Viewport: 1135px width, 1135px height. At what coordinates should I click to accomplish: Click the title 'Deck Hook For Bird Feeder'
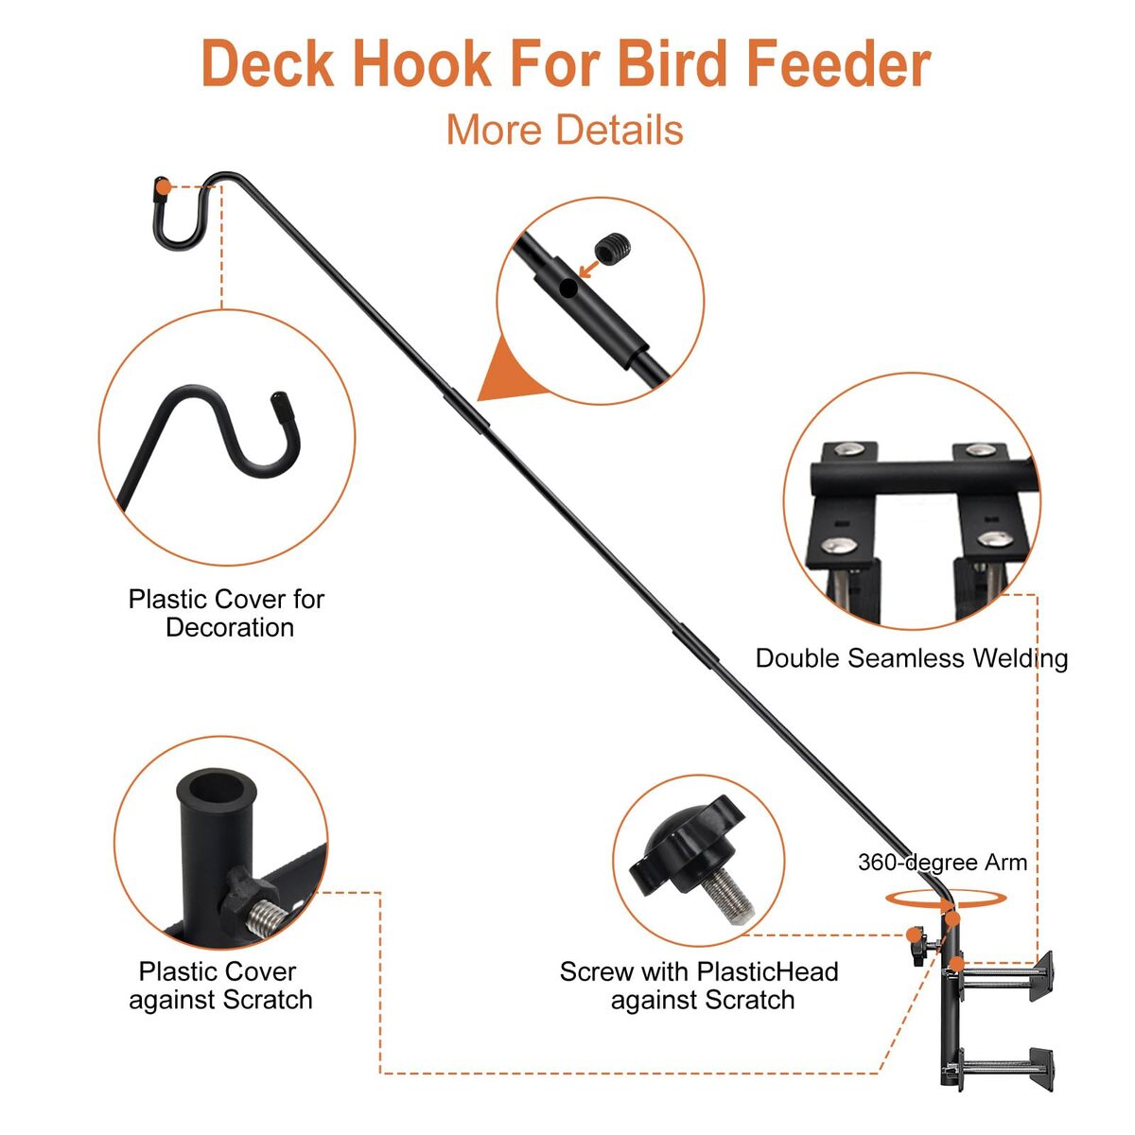(x=566, y=63)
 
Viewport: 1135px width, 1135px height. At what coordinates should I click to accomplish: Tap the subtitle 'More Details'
(x=565, y=130)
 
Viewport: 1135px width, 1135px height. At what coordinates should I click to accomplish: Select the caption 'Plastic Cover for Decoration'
(x=227, y=613)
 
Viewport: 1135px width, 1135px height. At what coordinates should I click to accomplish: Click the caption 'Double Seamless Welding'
(x=911, y=658)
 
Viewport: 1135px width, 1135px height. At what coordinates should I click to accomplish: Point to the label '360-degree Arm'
(x=942, y=863)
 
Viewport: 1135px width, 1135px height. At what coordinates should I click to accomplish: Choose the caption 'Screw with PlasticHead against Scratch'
(x=699, y=986)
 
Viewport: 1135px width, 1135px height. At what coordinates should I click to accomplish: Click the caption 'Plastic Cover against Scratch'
(x=219, y=986)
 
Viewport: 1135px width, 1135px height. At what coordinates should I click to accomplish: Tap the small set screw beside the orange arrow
(x=613, y=248)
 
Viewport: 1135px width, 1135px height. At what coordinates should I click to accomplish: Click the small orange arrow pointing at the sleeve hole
(x=588, y=271)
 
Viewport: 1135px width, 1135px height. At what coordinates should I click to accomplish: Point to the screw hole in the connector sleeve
(x=567, y=288)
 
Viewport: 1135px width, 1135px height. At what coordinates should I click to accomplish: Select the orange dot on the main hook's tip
(x=164, y=188)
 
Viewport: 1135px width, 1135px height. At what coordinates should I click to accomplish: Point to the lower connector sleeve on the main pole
(x=695, y=646)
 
